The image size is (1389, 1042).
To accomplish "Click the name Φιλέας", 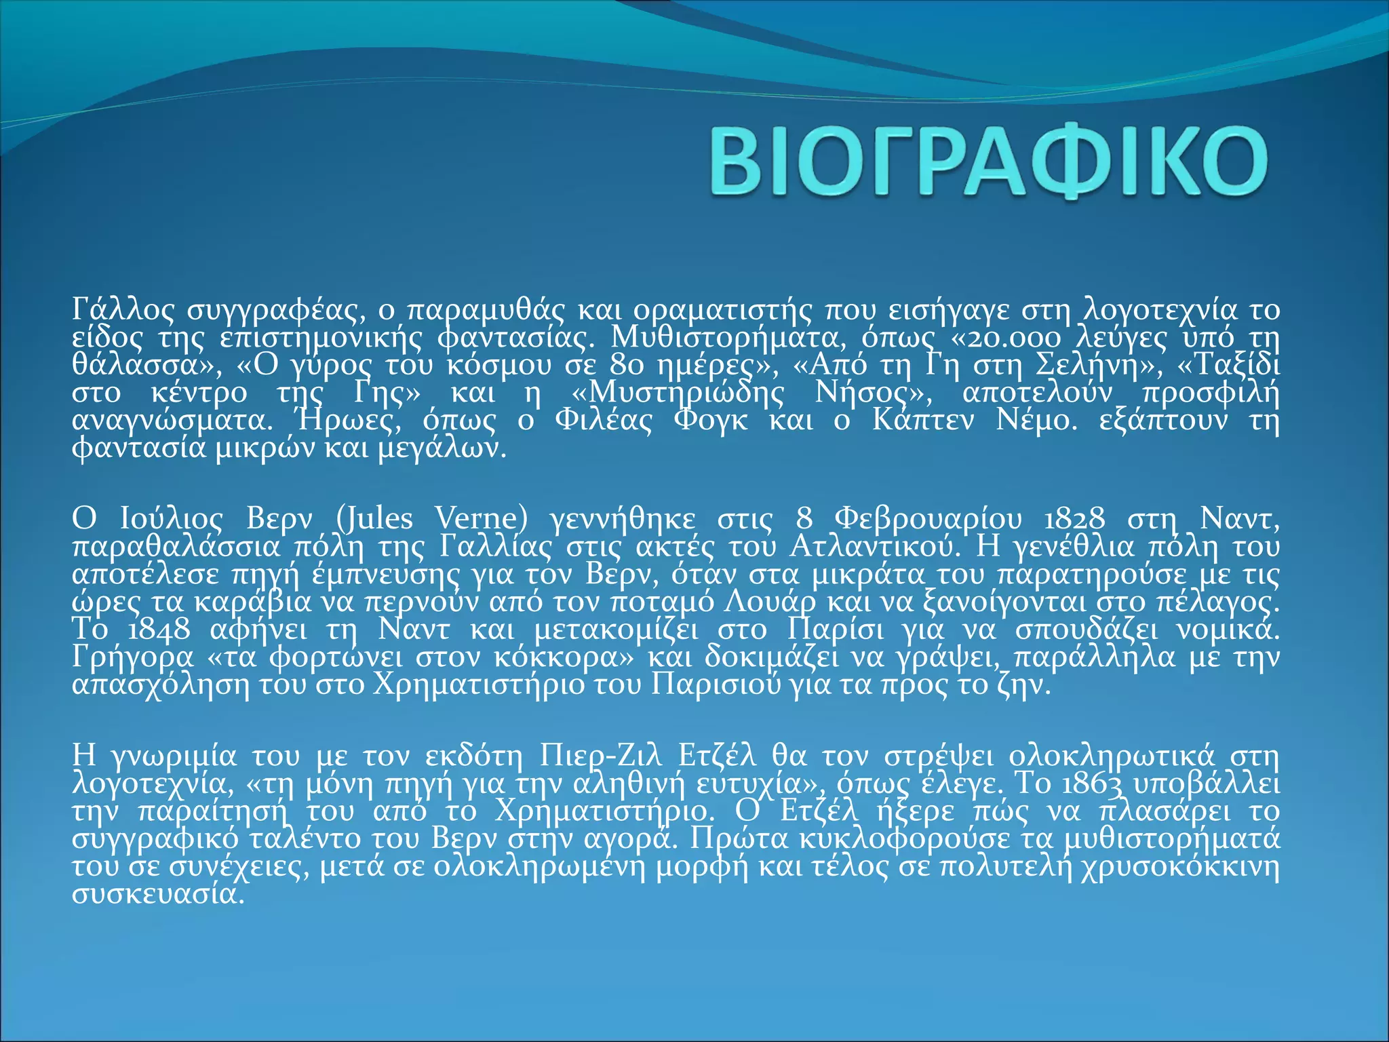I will (x=603, y=421).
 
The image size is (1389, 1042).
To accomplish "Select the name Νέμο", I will (x=1036, y=421).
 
